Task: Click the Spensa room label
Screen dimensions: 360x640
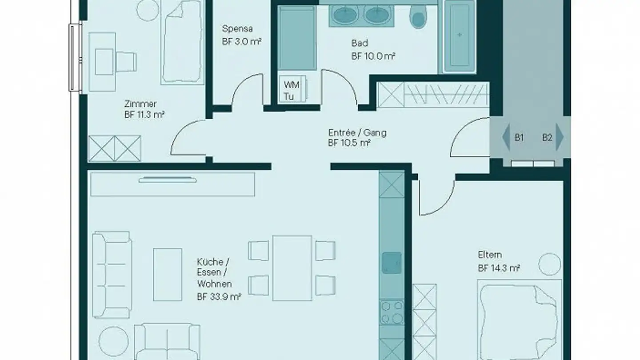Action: [x=237, y=29]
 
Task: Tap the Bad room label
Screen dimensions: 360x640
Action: [x=360, y=43]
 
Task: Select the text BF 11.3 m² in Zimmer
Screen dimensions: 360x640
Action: [x=145, y=115]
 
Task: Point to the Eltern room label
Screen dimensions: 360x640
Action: [x=490, y=255]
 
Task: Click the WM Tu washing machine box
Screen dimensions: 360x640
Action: [x=292, y=90]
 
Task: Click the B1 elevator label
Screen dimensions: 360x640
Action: [x=519, y=138]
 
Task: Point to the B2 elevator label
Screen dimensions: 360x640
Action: [x=547, y=138]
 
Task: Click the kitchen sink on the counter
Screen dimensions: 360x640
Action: [x=392, y=262]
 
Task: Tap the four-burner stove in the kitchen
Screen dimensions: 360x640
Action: [x=392, y=312]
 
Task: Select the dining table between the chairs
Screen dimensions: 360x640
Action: [x=292, y=268]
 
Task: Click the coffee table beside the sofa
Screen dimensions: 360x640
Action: [x=168, y=274]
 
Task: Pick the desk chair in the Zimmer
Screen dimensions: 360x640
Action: [x=127, y=61]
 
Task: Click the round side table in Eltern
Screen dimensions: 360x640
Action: [x=549, y=264]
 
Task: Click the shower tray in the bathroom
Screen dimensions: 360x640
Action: [x=297, y=38]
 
